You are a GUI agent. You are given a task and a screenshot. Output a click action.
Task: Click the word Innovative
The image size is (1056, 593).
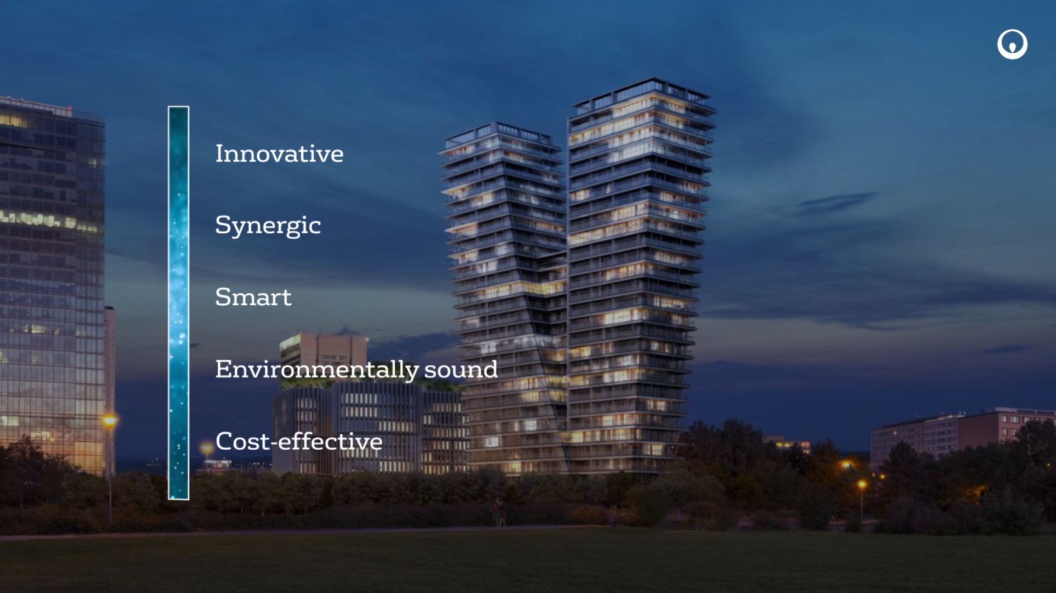279,153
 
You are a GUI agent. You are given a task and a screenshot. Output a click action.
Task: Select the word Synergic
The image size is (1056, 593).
268,226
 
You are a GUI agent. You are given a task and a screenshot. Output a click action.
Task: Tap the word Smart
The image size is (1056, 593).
253,297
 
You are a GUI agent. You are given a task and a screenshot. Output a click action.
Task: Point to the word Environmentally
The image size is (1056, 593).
317,369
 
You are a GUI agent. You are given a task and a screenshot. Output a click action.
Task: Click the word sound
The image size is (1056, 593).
461,370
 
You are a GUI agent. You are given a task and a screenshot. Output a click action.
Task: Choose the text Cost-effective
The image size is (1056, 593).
299,441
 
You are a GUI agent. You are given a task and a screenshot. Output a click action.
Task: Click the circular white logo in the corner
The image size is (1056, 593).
1012,44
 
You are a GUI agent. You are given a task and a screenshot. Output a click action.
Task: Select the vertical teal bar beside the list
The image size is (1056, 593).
178,302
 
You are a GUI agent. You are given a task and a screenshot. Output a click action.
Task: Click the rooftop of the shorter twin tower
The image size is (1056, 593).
499,133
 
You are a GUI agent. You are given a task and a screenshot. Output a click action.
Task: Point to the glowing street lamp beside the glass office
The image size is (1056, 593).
109,421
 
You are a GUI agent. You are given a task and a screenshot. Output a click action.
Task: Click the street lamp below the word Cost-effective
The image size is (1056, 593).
206,448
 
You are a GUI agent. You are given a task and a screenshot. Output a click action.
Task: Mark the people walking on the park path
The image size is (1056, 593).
499,513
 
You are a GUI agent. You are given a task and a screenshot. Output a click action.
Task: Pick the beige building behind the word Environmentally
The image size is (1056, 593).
323,356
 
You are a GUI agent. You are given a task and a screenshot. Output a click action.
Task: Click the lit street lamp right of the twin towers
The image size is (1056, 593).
862,484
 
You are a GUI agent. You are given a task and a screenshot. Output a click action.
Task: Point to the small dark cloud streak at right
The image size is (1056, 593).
837,202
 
